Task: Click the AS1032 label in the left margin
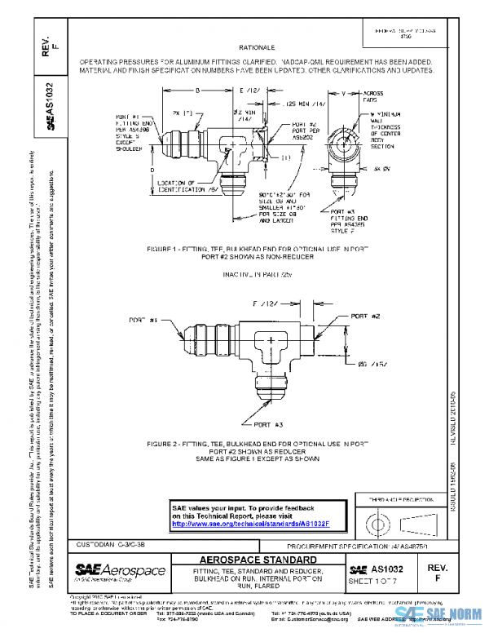click(x=50, y=107)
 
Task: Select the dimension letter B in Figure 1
click(x=197, y=91)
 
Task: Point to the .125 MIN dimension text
click(x=296, y=104)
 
